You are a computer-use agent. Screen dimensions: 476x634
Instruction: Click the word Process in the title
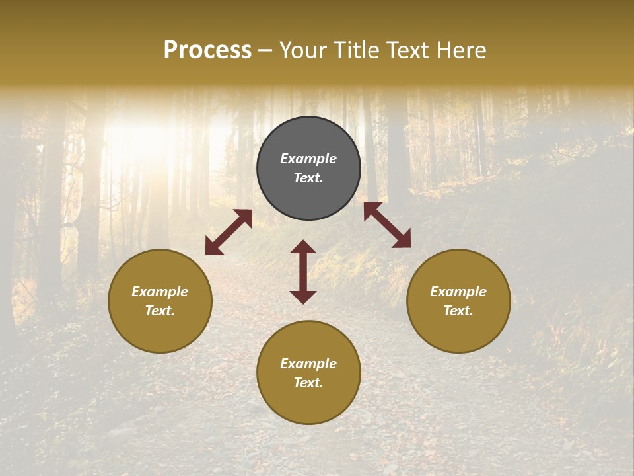(207, 50)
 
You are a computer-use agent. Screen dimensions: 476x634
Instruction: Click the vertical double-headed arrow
(303, 272)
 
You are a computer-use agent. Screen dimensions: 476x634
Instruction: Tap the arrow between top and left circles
(229, 231)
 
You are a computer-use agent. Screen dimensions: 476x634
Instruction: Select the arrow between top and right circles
(387, 225)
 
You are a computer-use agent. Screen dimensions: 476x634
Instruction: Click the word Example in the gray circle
(308, 159)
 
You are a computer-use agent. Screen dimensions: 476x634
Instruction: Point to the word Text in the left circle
(160, 311)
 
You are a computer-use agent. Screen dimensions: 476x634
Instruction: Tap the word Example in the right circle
(458, 292)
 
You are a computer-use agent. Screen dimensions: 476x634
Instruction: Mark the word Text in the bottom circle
(308, 383)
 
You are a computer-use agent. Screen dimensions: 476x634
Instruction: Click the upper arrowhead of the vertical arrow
(303, 247)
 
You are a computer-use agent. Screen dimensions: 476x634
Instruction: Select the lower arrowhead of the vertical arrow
(303, 297)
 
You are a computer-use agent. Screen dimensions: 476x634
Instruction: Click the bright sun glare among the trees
(142, 132)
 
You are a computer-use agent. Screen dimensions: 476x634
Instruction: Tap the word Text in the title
(405, 50)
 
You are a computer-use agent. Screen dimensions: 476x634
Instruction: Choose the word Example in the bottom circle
(308, 364)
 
